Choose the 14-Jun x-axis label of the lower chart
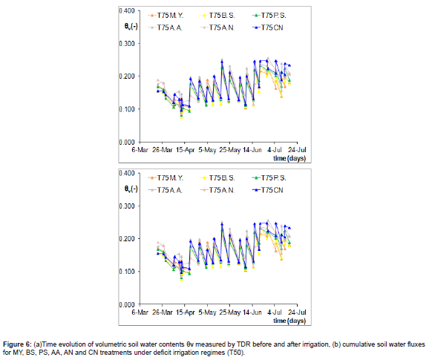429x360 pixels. pos(252,312)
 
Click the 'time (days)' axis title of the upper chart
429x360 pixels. pos(289,157)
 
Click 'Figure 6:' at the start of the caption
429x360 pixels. pos(19,345)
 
